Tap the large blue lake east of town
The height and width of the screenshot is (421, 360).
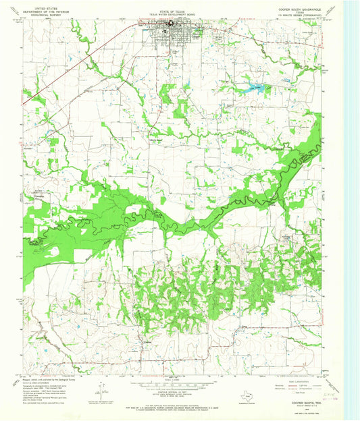[255, 87]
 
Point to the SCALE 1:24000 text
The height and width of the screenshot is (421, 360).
[177, 379]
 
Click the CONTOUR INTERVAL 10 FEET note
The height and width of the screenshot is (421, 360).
[177, 391]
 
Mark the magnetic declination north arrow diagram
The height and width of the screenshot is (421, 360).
[100, 389]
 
